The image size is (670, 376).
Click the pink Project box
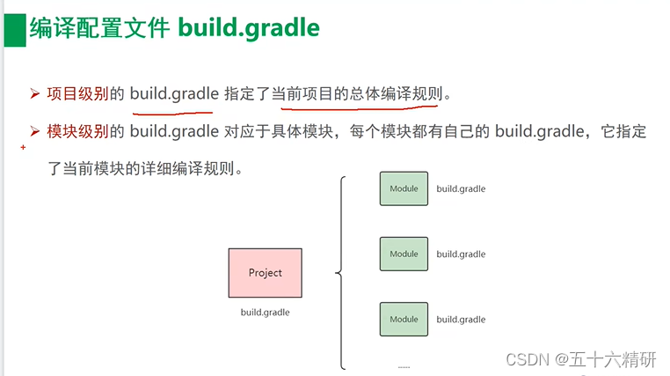[x=265, y=273]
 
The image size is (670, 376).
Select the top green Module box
[x=404, y=188]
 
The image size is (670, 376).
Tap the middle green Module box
[x=404, y=254]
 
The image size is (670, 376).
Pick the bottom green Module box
[x=404, y=319]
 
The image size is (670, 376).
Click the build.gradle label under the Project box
[x=265, y=313]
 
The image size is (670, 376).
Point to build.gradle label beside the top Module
[x=461, y=188]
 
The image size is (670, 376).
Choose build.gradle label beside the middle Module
[x=461, y=254]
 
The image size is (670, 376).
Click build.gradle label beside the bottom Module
[x=461, y=320]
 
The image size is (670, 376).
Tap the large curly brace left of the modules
[x=340, y=273]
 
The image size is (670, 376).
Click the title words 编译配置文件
[x=98, y=29]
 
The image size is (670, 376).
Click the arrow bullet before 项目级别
[x=35, y=92]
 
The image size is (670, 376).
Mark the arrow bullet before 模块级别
[x=35, y=132]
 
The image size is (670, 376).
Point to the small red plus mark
[x=23, y=148]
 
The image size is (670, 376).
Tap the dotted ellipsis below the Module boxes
[x=404, y=365]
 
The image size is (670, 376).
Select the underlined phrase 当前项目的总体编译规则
[x=361, y=92]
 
